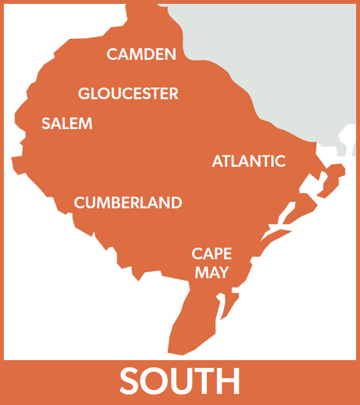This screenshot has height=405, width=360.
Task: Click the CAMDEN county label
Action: click(x=141, y=54)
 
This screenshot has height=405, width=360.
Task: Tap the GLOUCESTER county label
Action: click(x=128, y=94)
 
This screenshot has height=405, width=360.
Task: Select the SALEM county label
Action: click(x=67, y=124)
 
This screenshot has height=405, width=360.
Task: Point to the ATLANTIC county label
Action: click(x=249, y=161)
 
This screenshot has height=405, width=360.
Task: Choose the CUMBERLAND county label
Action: click(x=128, y=203)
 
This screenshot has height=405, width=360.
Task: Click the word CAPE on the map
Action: click(x=212, y=254)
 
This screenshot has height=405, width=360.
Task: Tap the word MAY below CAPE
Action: click(x=212, y=273)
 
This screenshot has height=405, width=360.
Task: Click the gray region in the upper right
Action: click(x=288, y=50)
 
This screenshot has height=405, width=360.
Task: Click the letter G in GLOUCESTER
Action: click(x=85, y=94)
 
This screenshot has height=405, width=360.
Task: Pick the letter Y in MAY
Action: click(x=223, y=273)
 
